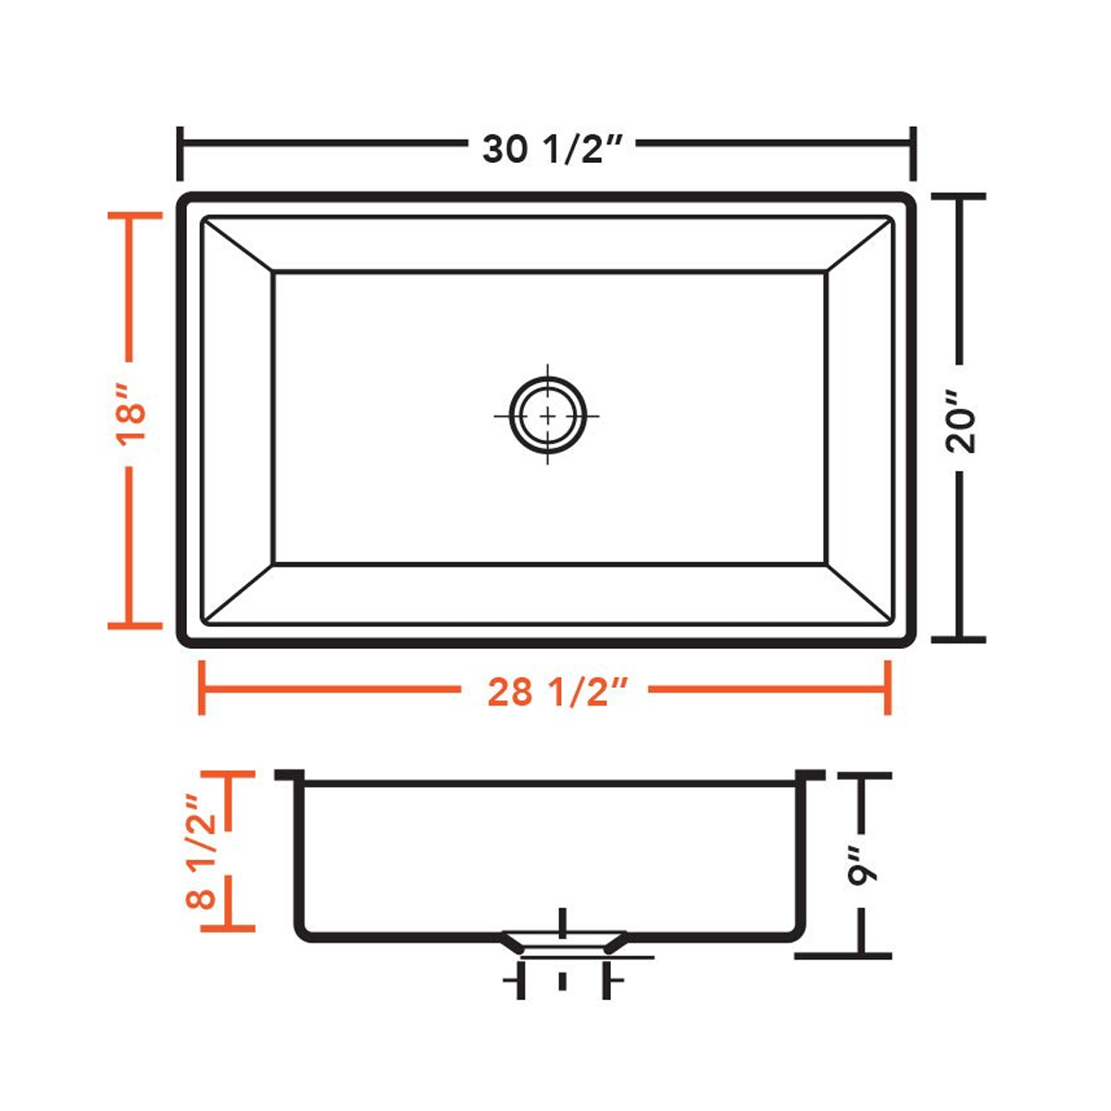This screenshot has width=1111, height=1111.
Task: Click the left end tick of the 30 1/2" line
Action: click(180, 154)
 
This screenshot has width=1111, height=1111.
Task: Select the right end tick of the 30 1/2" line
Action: click(914, 154)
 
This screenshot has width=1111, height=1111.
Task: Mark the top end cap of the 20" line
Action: click(958, 197)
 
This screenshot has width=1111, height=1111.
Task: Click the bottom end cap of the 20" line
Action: click(958, 639)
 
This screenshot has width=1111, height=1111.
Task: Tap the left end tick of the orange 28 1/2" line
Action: click(202, 688)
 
